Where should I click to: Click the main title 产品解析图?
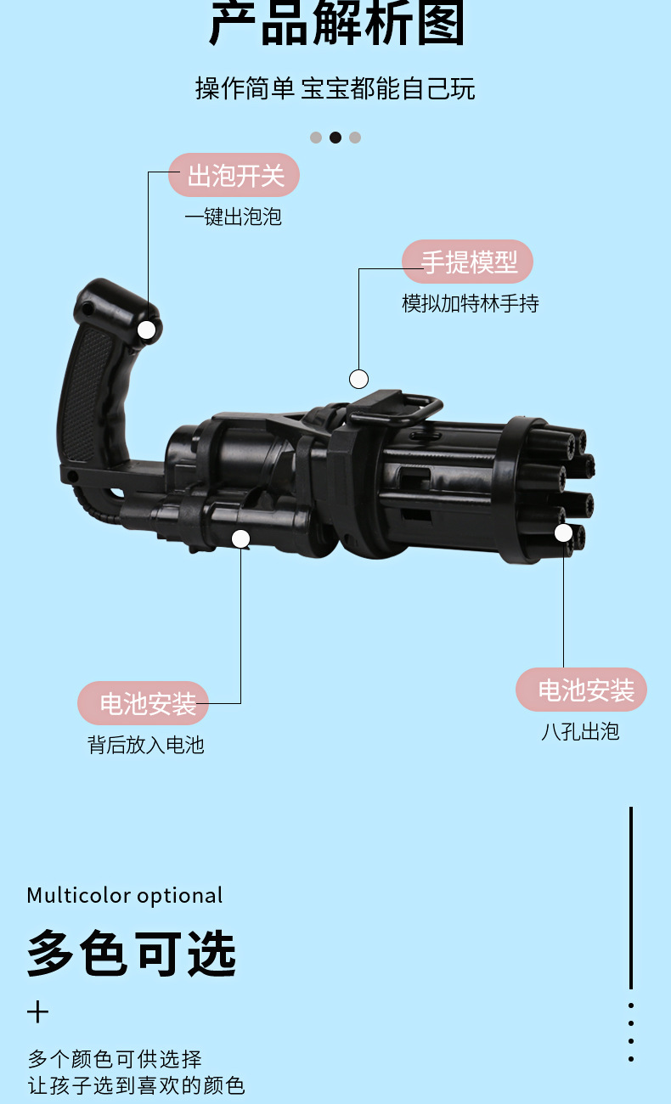point(336,24)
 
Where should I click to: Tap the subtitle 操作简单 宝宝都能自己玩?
point(335,88)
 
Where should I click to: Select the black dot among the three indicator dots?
point(335,138)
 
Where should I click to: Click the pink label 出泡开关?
point(234,176)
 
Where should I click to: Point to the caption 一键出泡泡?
point(233,217)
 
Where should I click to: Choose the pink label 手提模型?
point(468,262)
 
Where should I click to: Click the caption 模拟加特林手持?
point(470,303)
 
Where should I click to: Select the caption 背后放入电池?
point(146,745)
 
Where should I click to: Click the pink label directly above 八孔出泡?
point(583,690)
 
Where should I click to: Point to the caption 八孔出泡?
point(580,731)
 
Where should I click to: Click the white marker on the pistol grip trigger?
point(147,330)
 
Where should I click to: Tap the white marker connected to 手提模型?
point(359,379)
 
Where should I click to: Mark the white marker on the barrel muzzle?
point(563,532)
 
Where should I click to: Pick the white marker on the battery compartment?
point(241,538)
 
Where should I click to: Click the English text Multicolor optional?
point(125,896)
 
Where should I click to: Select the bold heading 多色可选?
point(132,953)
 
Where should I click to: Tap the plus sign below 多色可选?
point(37,1012)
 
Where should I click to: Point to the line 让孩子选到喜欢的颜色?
point(136,1085)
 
